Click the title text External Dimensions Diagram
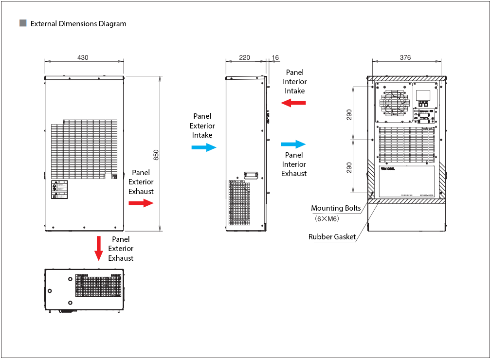[78, 24]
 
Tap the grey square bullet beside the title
[23, 23]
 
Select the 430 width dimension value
[83, 57]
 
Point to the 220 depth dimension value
[244, 57]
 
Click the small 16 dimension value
[275, 57]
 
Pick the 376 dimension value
[405, 57]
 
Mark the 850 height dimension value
[156, 154]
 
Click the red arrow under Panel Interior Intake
[294, 103]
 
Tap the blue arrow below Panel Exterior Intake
[203, 147]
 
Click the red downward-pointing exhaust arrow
[99, 248]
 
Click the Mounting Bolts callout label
[336, 208]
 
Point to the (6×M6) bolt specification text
[327, 218]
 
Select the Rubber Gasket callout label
[332, 237]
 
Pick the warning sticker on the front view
[60, 190]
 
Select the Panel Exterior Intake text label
[202, 126]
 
